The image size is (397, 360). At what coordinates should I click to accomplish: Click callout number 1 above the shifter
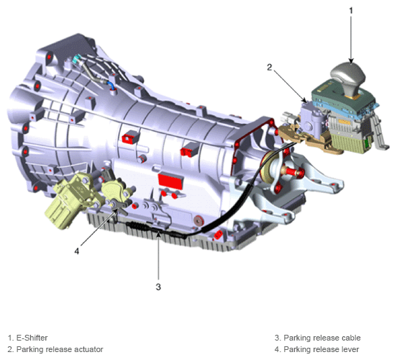click(351, 11)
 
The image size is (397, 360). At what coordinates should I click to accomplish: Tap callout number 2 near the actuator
click(269, 67)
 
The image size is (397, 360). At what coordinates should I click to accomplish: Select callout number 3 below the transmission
click(158, 287)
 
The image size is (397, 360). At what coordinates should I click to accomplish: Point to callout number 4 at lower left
click(77, 251)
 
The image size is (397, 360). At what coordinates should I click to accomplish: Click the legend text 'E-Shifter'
click(32, 338)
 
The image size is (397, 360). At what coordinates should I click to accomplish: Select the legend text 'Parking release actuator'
click(60, 349)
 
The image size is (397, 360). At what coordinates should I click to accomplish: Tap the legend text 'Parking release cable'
click(322, 338)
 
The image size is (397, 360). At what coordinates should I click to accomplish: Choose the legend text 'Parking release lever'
click(321, 349)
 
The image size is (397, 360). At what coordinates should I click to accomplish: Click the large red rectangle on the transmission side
click(170, 181)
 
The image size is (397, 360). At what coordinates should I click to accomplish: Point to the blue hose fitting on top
click(111, 86)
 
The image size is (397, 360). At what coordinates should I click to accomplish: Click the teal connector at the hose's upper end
click(76, 59)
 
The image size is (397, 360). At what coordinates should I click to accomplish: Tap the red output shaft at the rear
click(293, 171)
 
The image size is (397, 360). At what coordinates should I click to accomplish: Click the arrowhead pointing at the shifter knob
click(351, 61)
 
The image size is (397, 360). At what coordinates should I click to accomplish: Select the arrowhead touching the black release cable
click(158, 235)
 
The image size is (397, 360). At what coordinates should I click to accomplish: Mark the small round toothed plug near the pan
click(198, 221)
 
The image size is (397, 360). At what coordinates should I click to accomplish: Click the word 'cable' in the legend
click(351, 338)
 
